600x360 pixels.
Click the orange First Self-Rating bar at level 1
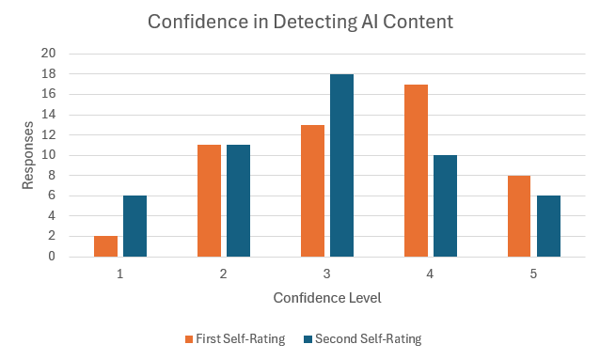[106, 246]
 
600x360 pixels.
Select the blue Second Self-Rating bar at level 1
[134, 227]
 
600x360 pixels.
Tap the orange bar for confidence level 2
[209, 201]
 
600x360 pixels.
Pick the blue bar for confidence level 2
[238, 201]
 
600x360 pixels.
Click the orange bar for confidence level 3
[312, 191]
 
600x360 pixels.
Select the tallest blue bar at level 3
[341, 165]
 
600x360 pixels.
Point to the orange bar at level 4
[416, 171]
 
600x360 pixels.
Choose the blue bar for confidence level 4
[445, 206]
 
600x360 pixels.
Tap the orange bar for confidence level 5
[519, 216]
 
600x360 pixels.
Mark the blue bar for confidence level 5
[548, 227]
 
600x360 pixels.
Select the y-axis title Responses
[29, 155]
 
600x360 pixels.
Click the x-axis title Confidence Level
[327, 297]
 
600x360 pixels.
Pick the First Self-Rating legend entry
[235, 338]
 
